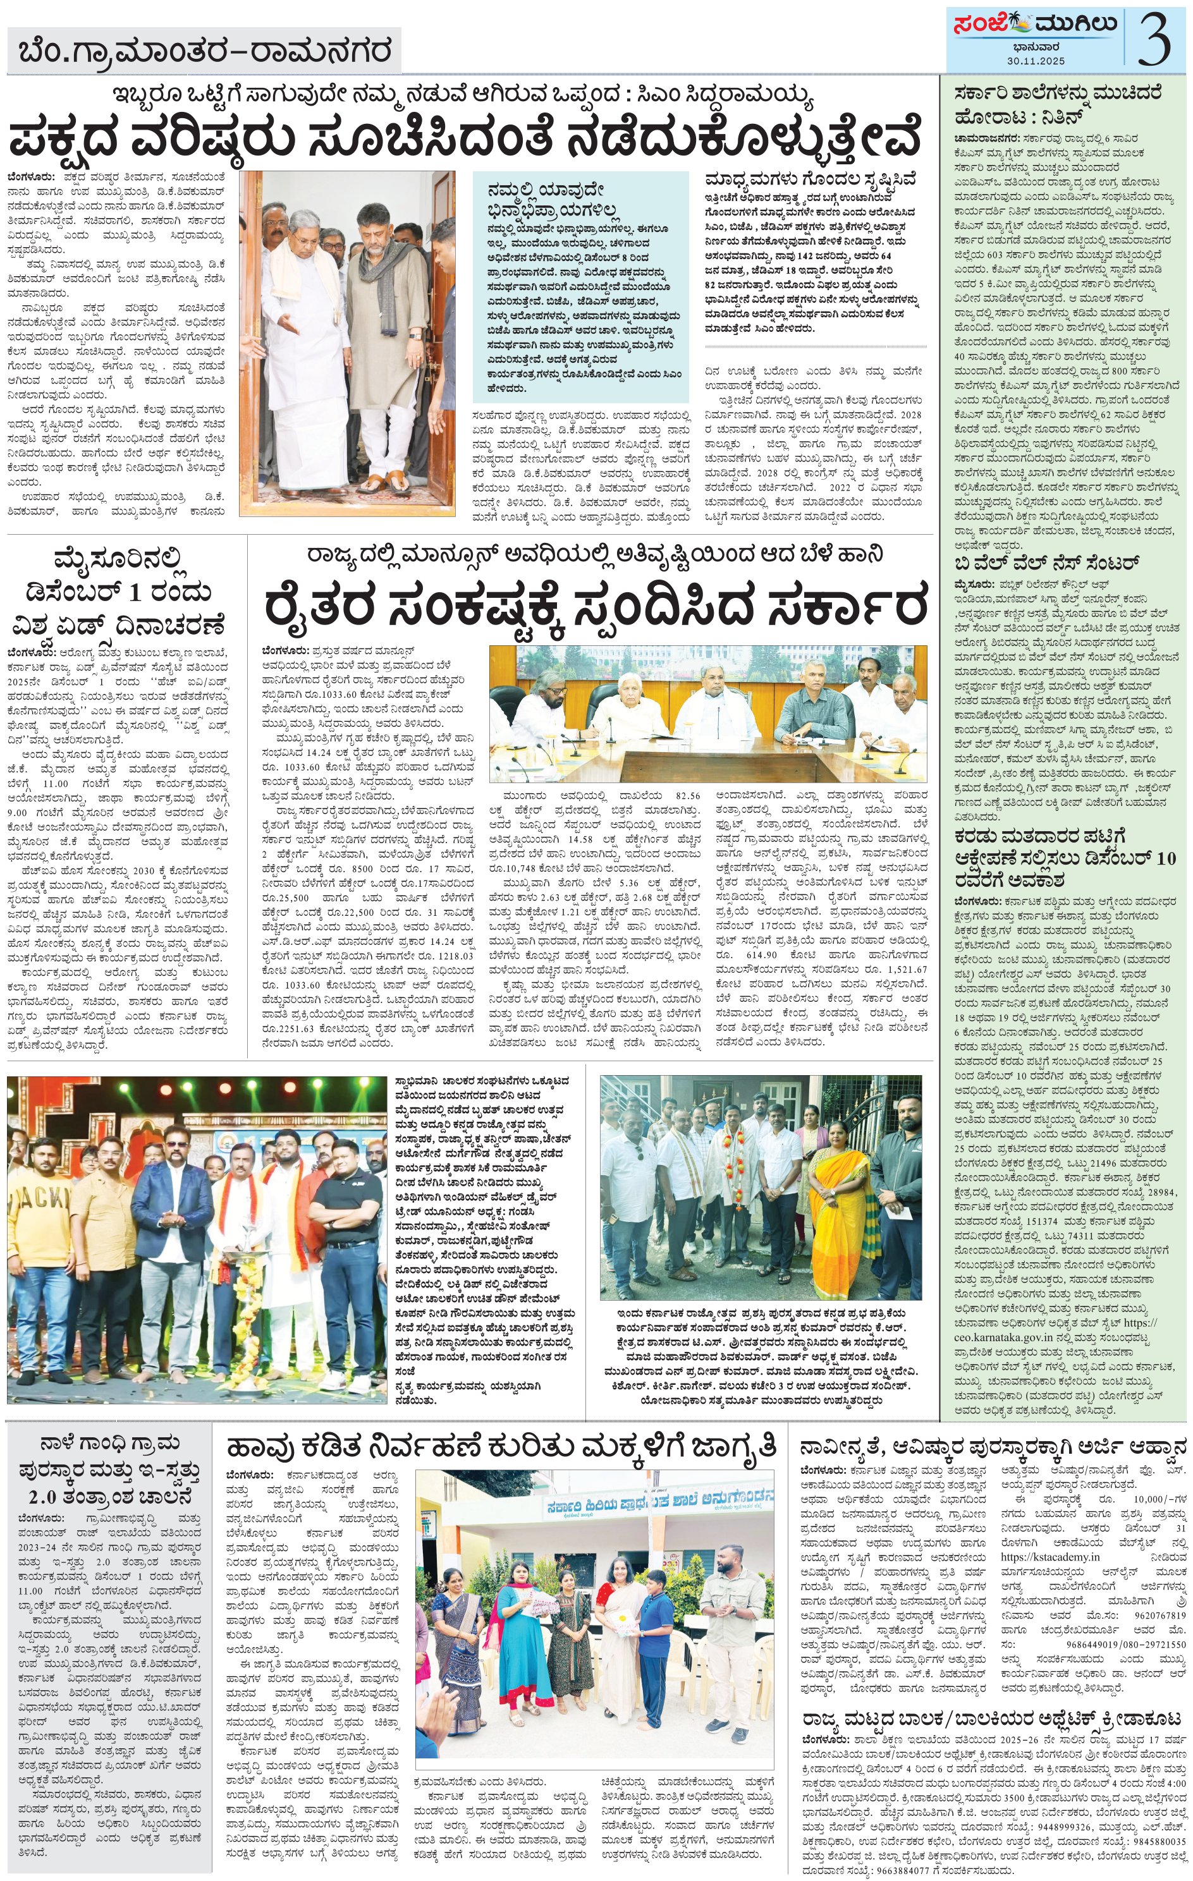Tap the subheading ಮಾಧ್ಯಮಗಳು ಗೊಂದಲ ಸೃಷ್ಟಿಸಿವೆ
click(812, 178)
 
